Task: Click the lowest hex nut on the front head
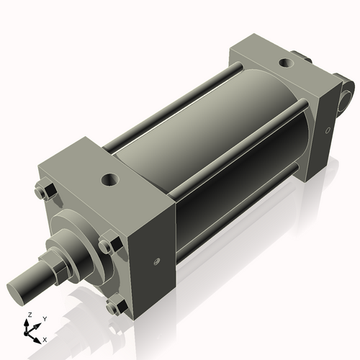tap(113, 307)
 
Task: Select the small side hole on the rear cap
tap(328, 130)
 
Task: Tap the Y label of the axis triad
tap(44, 318)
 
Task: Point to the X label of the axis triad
tap(45, 338)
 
